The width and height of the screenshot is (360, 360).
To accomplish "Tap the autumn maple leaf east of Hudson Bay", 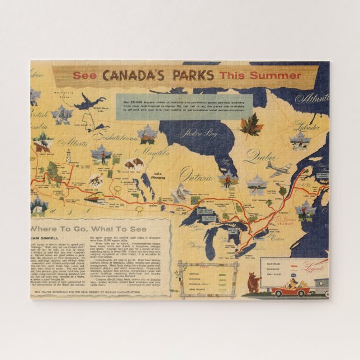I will [251, 124].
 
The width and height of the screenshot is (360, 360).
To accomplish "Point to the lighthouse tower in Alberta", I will [69, 157].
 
